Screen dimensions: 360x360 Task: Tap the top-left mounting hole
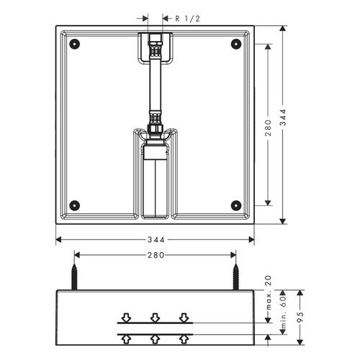(x=73, y=44)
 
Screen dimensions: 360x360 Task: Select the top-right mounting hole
(x=235, y=44)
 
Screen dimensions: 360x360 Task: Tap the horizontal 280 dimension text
(x=155, y=254)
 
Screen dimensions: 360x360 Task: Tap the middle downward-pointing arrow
(x=155, y=317)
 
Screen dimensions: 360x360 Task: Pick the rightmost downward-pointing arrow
(x=184, y=317)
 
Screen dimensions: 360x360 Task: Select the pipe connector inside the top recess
(x=153, y=48)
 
